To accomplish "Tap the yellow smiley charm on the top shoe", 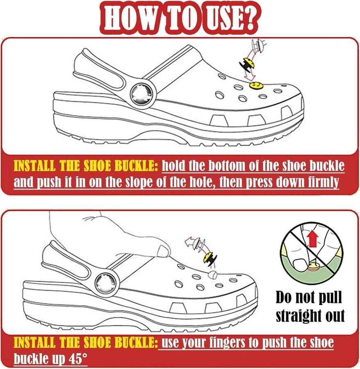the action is (256, 85).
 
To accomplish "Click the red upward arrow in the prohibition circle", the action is (312, 238).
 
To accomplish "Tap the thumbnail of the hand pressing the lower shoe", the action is (163, 251).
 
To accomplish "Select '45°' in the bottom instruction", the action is (77, 359).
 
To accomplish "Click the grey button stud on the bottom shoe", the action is (213, 274).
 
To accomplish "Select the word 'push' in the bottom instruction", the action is (275, 343).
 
